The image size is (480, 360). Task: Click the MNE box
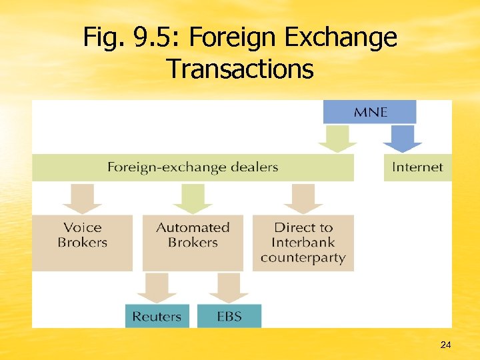coord(369,112)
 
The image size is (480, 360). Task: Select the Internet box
coord(417,167)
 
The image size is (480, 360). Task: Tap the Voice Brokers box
coord(82,242)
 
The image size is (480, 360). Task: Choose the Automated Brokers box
coord(193,242)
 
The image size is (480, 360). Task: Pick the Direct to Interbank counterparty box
coord(303,242)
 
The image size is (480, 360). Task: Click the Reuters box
coord(157,316)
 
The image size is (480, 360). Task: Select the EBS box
coord(229,316)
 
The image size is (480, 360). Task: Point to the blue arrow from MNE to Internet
coord(402,139)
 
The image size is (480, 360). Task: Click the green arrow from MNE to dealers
coord(337,139)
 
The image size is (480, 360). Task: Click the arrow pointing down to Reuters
coord(157,287)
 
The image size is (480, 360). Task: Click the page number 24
coord(446,345)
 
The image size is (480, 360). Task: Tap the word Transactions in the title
coord(240,68)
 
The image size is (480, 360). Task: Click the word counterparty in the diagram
coord(303,258)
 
